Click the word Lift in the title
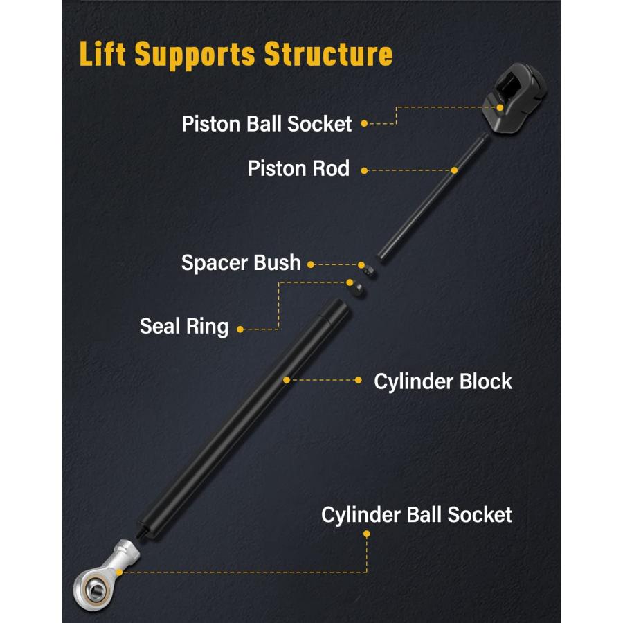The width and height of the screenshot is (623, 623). [x=104, y=54]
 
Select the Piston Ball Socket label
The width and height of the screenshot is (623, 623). [x=267, y=124]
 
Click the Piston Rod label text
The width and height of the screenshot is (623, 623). [x=298, y=168]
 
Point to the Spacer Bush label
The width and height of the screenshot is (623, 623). [x=241, y=263]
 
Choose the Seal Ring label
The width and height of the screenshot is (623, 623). [x=184, y=326]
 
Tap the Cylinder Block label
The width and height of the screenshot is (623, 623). [x=443, y=381]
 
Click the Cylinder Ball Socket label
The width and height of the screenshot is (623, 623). [x=417, y=515]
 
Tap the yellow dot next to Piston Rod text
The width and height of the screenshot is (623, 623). [x=364, y=170]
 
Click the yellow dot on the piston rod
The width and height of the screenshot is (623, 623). [x=455, y=170]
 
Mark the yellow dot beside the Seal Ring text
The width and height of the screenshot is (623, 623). [x=240, y=329]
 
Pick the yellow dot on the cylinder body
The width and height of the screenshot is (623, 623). [x=286, y=379]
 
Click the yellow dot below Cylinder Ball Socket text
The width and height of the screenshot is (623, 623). [x=367, y=534]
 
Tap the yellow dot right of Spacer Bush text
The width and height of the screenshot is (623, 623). [x=311, y=264]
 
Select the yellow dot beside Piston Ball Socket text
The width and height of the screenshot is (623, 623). [x=364, y=125]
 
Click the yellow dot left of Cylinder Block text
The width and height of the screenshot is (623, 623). [x=359, y=379]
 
